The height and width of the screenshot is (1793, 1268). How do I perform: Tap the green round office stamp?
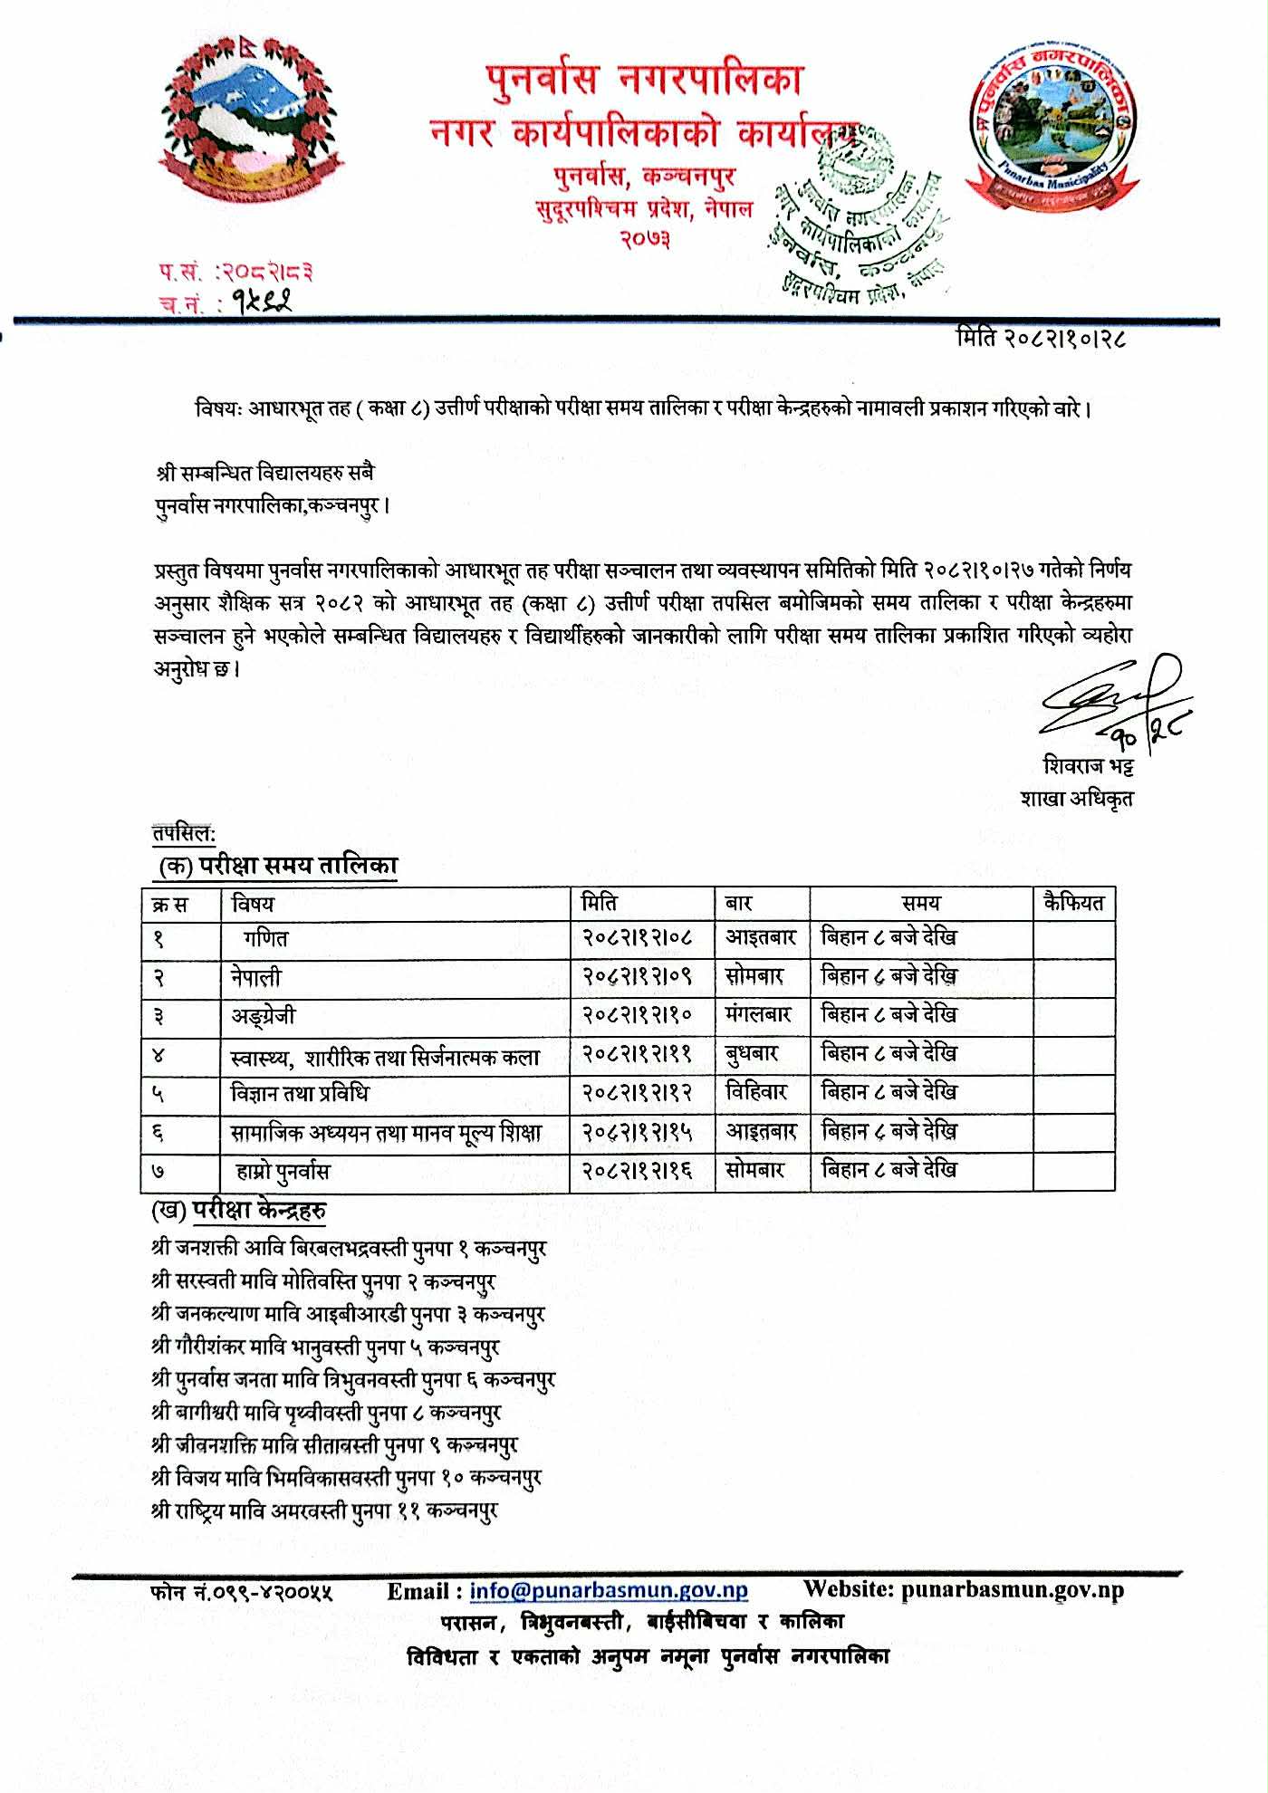click(x=856, y=217)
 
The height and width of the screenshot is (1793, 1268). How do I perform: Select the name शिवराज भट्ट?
click(x=1087, y=766)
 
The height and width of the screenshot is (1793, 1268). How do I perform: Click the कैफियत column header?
click(x=1073, y=903)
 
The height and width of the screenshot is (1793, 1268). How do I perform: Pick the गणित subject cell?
click(x=265, y=939)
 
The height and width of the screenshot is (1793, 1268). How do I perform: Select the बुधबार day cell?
click(x=752, y=1055)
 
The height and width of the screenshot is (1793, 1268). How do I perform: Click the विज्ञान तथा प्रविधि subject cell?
click(x=300, y=1094)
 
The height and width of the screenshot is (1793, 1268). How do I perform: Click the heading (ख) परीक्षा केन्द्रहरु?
click(x=240, y=1211)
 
